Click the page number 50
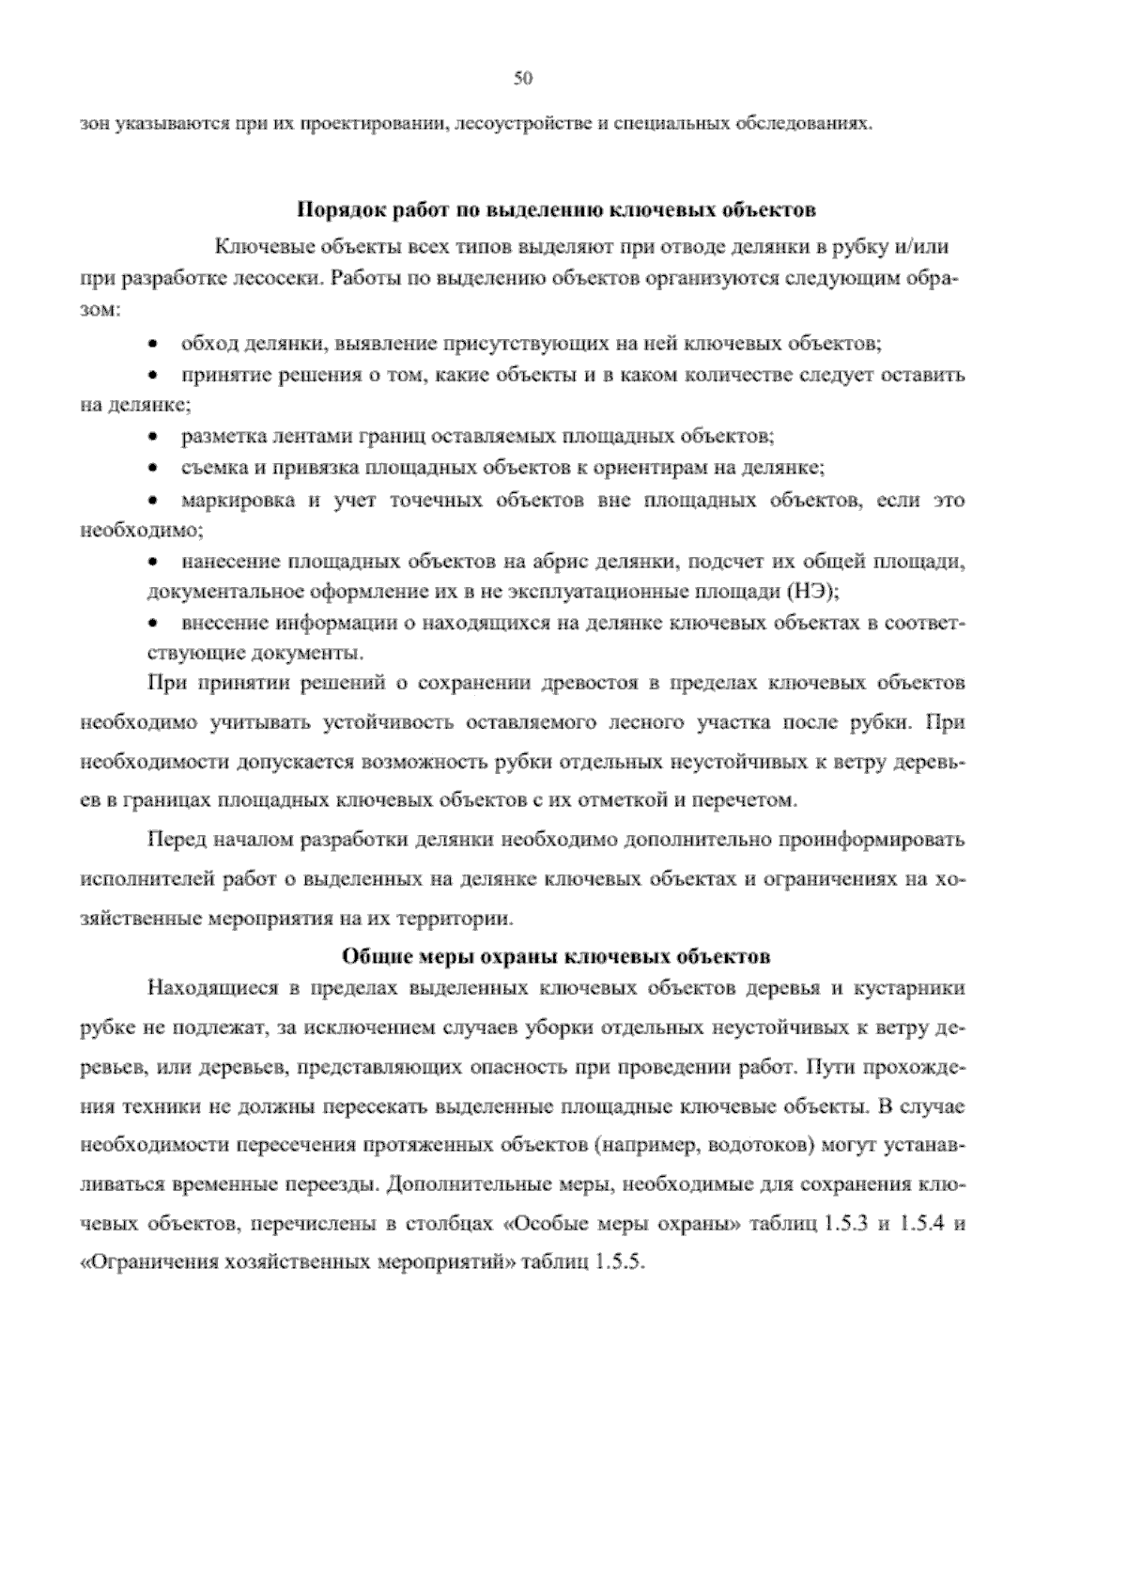[x=523, y=79]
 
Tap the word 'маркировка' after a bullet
[x=235, y=500]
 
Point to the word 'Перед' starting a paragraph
[x=174, y=840]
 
